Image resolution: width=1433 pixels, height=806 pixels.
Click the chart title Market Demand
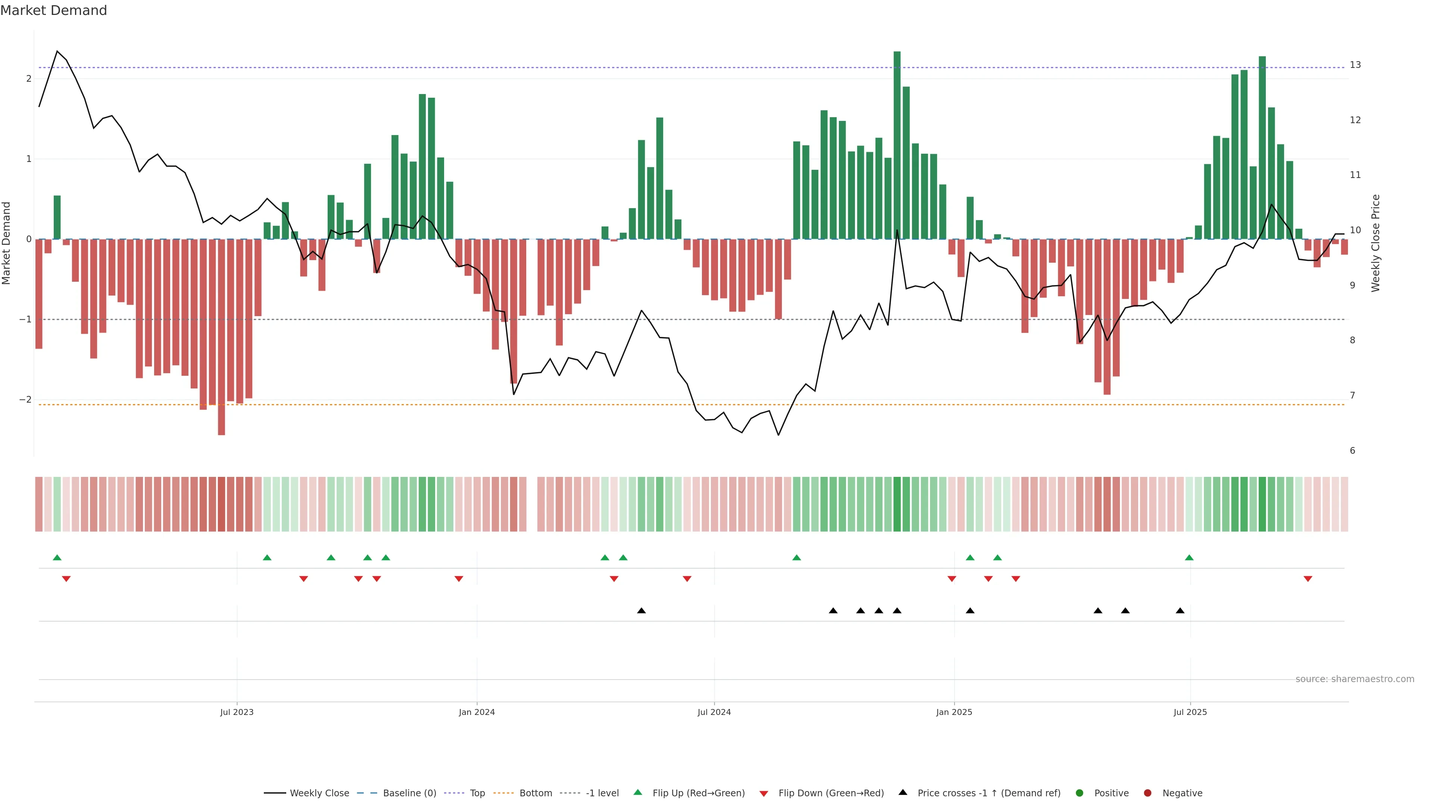click(53, 10)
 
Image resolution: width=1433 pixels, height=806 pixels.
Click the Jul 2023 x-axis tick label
click(237, 712)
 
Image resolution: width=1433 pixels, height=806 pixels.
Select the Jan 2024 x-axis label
click(477, 712)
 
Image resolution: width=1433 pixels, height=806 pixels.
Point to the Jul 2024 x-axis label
click(714, 712)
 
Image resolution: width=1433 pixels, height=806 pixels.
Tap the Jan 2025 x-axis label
click(954, 712)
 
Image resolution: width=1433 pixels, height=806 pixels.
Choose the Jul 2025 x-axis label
click(1190, 712)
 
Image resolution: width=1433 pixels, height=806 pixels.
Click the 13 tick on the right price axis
click(1355, 65)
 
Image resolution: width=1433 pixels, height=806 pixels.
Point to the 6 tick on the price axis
click(1353, 450)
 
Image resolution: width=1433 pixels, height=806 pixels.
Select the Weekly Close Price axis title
click(1376, 243)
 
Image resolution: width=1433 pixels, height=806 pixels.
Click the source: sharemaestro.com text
click(1355, 679)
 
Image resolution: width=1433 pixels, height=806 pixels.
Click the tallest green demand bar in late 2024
click(897, 145)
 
